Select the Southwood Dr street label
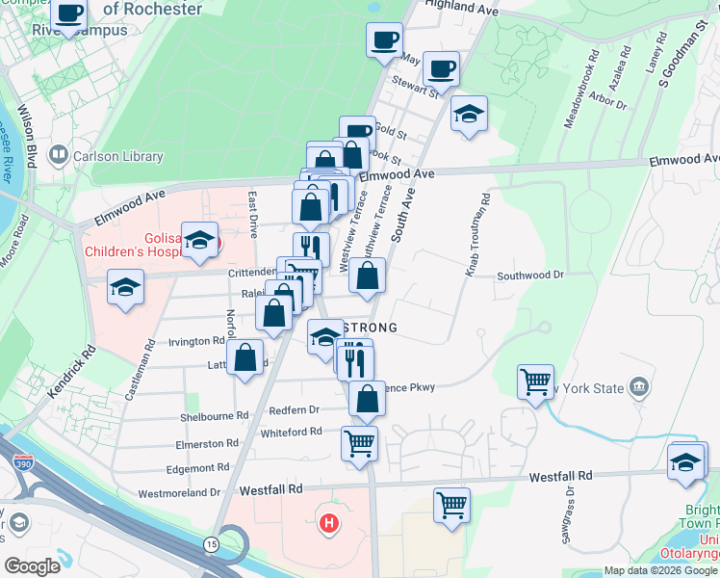pos(529,276)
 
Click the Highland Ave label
pos(461,8)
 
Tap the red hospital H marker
pos(329,525)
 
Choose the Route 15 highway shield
pos(210,544)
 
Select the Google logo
pos(32,566)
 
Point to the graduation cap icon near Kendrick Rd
pos(125,287)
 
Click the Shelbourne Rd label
pos(216,417)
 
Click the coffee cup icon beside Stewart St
pos(441,68)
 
